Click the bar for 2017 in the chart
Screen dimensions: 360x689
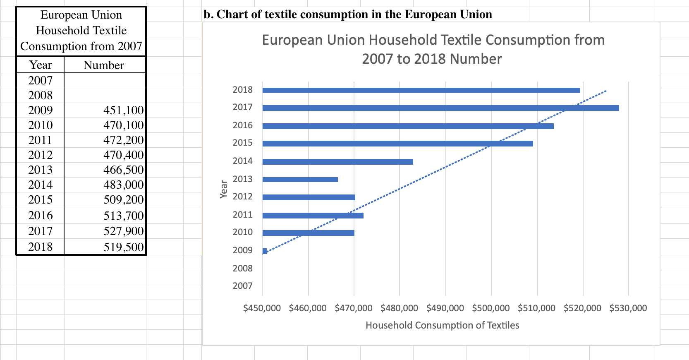click(x=440, y=108)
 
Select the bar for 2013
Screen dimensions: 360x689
click(x=300, y=180)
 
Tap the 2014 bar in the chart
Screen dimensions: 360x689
click(x=337, y=162)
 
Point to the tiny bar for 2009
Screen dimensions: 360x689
click(x=265, y=251)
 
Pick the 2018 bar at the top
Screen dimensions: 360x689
click(x=421, y=90)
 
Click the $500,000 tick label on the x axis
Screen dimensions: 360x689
click(x=491, y=308)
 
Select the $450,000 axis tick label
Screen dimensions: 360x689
click(x=262, y=308)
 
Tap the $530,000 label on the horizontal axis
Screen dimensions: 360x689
click(x=628, y=308)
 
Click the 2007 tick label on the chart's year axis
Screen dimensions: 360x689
click(x=242, y=286)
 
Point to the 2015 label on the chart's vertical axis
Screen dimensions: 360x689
click(x=242, y=143)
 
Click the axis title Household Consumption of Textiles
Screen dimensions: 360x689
click(x=442, y=326)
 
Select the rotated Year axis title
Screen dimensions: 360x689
click(x=224, y=189)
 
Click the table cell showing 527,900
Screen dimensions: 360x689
click(x=123, y=231)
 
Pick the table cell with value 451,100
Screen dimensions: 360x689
click(x=123, y=110)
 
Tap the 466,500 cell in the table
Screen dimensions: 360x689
click(x=123, y=170)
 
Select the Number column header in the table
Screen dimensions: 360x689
click(x=104, y=65)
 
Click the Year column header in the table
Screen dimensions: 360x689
click(x=41, y=65)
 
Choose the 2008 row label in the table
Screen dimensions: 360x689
click(x=41, y=96)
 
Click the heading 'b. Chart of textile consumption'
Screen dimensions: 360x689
click(x=348, y=14)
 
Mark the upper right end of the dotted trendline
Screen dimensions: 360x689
click(x=606, y=91)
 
